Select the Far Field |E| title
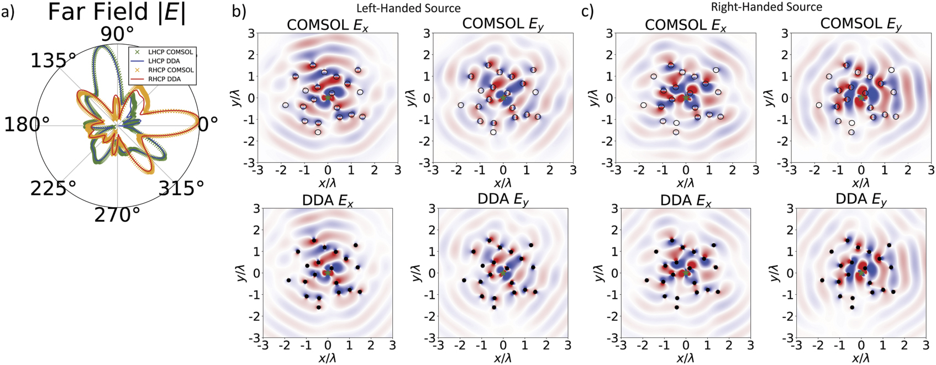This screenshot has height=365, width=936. coord(117,12)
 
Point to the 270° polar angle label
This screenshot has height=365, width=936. coord(117,214)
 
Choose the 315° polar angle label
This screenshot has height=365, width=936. coord(181,188)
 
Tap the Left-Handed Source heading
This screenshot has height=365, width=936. coord(408,8)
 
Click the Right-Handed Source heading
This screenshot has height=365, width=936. coord(766,7)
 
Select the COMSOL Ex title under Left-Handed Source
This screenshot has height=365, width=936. coord(327,25)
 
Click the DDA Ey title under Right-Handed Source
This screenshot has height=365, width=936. coord(861,199)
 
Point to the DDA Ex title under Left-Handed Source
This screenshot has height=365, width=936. coord(327,200)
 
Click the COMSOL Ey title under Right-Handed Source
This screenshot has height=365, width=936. coord(861,24)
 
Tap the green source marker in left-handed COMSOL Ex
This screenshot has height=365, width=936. coord(328,97)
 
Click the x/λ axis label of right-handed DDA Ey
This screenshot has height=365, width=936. coord(861,358)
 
